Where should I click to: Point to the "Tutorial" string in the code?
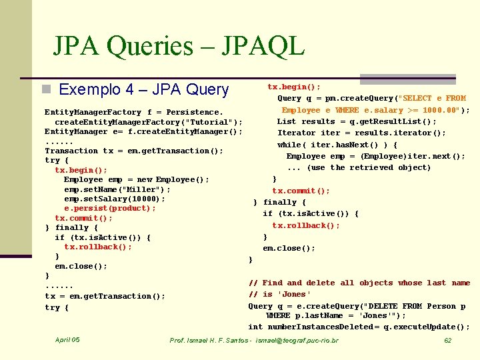211,122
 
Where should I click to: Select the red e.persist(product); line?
110,208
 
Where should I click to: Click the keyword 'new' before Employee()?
144,179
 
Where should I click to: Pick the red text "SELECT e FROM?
431,98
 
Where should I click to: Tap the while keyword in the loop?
289,145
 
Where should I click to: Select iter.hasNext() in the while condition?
347,145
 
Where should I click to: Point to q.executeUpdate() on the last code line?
433,327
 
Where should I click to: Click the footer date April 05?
67,340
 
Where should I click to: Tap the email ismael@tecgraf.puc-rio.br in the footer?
297,341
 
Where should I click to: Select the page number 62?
448,341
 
